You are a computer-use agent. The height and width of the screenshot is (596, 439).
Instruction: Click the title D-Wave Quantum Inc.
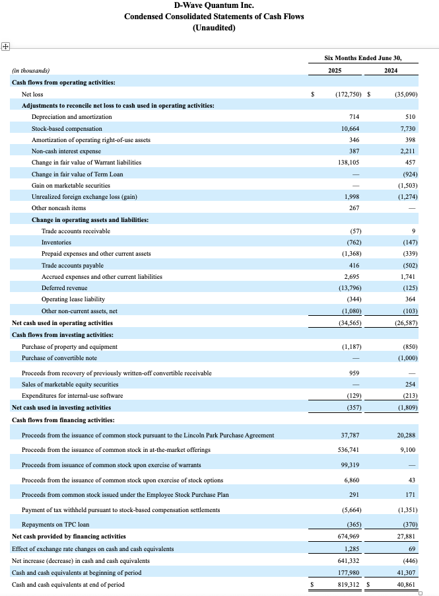(x=214, y=5)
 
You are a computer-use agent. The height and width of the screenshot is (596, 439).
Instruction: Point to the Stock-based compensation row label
(x=67, y=128)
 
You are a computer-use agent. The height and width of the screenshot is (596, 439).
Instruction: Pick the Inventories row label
(x=57, y=242)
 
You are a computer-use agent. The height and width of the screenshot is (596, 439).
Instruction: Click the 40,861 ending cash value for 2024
(x=405, y=585)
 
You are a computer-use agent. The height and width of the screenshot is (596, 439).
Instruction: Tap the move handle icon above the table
(x=5, y=46)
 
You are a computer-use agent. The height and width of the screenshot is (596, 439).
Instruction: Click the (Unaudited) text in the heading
(x=214, y=28)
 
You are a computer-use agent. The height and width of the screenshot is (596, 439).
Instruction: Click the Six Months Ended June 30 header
(x=362, y=57)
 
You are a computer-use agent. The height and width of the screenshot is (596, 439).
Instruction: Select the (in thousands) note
(x=31, y=71)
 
